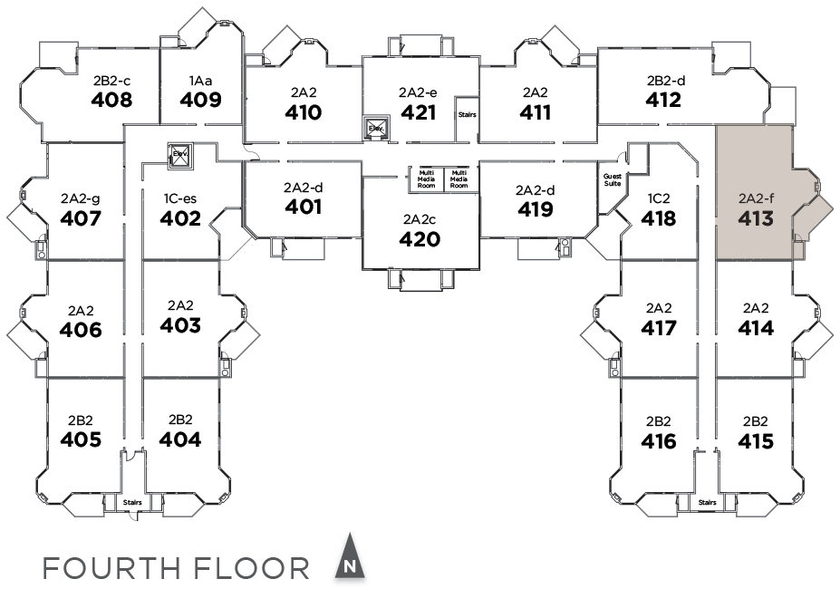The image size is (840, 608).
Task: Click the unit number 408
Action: [112, 101]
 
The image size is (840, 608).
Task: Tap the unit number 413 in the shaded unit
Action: [755, 218]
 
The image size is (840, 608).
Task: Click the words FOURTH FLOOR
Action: [177, 569]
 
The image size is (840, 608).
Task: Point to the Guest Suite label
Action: [612, 179]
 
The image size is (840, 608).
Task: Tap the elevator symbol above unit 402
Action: [178, 155]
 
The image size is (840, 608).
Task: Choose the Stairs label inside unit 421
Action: [468, 115]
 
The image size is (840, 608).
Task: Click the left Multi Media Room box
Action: [426, 178]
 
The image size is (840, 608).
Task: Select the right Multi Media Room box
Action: [459, 178]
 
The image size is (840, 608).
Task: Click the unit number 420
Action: [420, 239]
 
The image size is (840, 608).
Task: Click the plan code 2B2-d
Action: [666, 81]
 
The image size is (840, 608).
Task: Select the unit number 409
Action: [200, 101]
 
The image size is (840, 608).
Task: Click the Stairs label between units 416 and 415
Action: [708, 503]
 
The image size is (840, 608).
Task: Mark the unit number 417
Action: [659, 328]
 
